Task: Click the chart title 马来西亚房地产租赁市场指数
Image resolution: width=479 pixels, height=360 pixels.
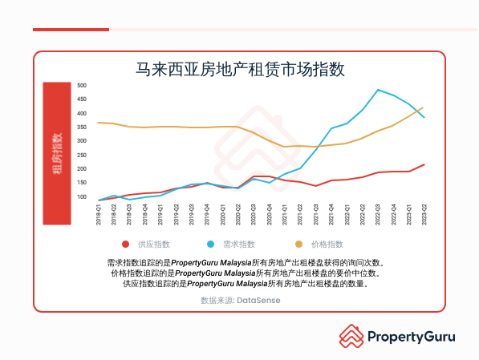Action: pos(240,69)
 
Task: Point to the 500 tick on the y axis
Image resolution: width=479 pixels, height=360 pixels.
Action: pos(82,85)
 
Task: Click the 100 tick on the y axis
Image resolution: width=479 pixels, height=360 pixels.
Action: pos(82,196)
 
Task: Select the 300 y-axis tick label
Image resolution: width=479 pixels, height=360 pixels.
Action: pos(82,141)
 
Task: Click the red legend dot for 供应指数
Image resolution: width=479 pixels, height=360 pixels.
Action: pos(125,244)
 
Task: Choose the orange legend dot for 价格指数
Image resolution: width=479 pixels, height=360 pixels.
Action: pos(299,244)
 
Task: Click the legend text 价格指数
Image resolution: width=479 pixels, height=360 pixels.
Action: pos(327,244)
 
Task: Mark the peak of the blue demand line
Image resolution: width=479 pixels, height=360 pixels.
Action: pos(378,90)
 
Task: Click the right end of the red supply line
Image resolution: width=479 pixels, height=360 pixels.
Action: pos(423,164)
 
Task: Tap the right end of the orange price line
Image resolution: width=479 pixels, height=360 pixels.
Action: pos(423,107)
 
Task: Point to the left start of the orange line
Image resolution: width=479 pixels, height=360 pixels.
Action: pos(99,123)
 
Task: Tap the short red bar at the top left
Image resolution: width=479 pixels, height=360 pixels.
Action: pos(71,30)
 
